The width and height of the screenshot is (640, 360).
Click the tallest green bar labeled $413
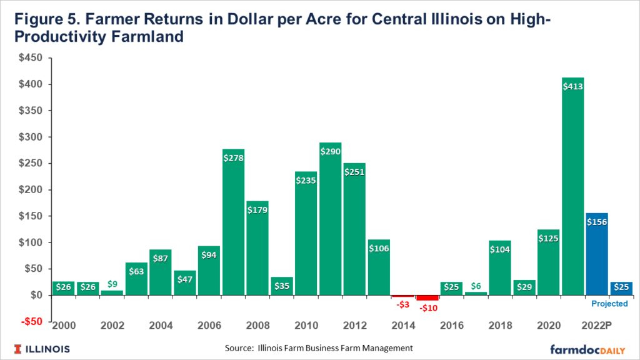[572, 187]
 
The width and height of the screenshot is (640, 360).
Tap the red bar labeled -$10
[427, 297]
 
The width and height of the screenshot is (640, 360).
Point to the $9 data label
[112, 284]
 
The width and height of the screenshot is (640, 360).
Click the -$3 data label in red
[403, 304]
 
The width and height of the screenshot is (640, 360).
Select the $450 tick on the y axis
[29, 58]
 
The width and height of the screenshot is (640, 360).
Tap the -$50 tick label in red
[29, 322]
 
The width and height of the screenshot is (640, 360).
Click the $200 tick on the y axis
[29, 190]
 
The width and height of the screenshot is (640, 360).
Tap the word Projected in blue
[609, 304]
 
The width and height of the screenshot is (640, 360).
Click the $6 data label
[475, 284]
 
